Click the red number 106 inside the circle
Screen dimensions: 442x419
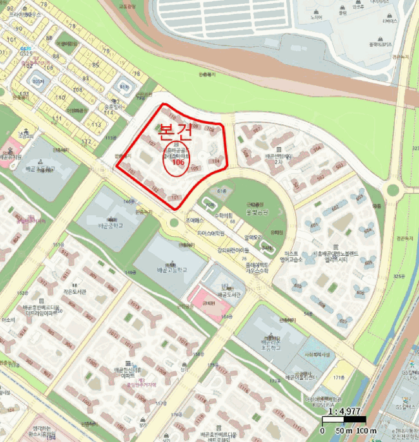tap(178, 162)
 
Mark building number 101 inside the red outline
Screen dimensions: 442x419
tap(176, 197)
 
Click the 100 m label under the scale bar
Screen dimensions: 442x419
tap(366, 431)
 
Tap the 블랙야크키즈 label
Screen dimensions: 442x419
tap(380, 45)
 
